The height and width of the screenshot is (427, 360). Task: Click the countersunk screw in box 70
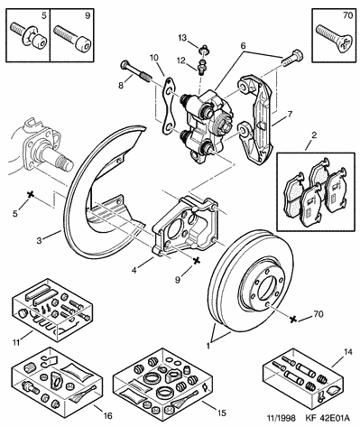pos(335,38)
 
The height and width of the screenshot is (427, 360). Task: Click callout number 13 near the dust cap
pos(182,38)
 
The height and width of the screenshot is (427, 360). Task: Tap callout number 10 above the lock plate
pos(154,58)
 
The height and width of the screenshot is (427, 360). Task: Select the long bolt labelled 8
pos(135,71)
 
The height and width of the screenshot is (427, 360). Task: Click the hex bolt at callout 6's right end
pos(292,59)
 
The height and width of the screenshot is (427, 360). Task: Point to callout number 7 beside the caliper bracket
pos(290,115)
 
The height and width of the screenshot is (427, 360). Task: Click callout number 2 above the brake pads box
pos(314,135)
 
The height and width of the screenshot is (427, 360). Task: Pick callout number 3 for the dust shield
pos(39,241)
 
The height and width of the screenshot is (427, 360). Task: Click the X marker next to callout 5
pos(30,195)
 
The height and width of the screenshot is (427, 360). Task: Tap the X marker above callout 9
pos(197,261)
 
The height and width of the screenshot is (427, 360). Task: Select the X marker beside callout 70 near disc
pos(292,319)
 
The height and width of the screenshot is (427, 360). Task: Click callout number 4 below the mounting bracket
pos(134,270)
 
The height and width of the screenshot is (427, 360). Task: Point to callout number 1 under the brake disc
pos(208,346)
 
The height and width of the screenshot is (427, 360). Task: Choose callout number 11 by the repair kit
pos(16,342)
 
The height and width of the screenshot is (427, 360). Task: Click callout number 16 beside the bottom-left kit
pos(107,416)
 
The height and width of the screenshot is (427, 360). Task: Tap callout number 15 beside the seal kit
pos(221,413)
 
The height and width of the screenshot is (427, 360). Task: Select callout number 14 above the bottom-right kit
pos(347,351)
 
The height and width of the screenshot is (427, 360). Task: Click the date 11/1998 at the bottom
pos(282,418)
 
